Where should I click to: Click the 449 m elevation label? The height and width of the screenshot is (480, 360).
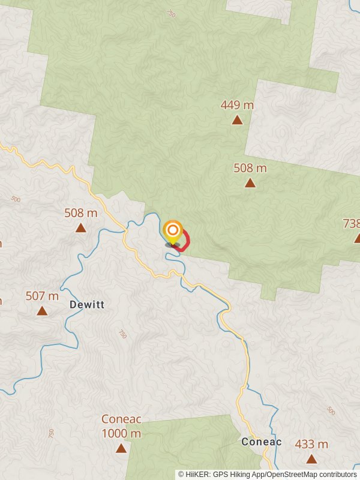tap(237, 105)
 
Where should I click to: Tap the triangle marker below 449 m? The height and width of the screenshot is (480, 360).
tap(237, 120)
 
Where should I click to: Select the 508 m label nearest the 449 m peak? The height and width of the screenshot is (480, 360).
tap(250, 168)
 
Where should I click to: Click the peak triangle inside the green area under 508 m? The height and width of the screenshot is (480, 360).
tap(250, 183)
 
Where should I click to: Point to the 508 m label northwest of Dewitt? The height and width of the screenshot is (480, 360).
tap(80, 213)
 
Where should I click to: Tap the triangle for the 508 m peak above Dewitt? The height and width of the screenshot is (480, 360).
tap(80, 228)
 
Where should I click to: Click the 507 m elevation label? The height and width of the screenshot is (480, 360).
tap(42, 296)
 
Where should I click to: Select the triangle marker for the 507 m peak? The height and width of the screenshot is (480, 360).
tap(42, 311)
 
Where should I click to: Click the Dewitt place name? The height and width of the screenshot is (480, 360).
tap(87, 305)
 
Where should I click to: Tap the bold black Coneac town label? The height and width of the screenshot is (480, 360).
tap(261, 442)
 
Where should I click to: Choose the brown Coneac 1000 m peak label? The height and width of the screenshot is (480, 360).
tap(121, 426)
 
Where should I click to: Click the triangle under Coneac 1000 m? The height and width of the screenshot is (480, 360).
tap(121, 448)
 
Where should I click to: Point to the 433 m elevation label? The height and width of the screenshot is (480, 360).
tap(311, 445)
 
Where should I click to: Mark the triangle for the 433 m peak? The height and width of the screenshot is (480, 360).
tap(311, 459)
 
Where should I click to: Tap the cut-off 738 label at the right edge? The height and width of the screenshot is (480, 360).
tap(351, 224)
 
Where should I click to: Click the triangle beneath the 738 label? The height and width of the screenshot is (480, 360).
tap(358, 238)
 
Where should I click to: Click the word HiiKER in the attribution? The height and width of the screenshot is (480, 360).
tap(196, 474)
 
